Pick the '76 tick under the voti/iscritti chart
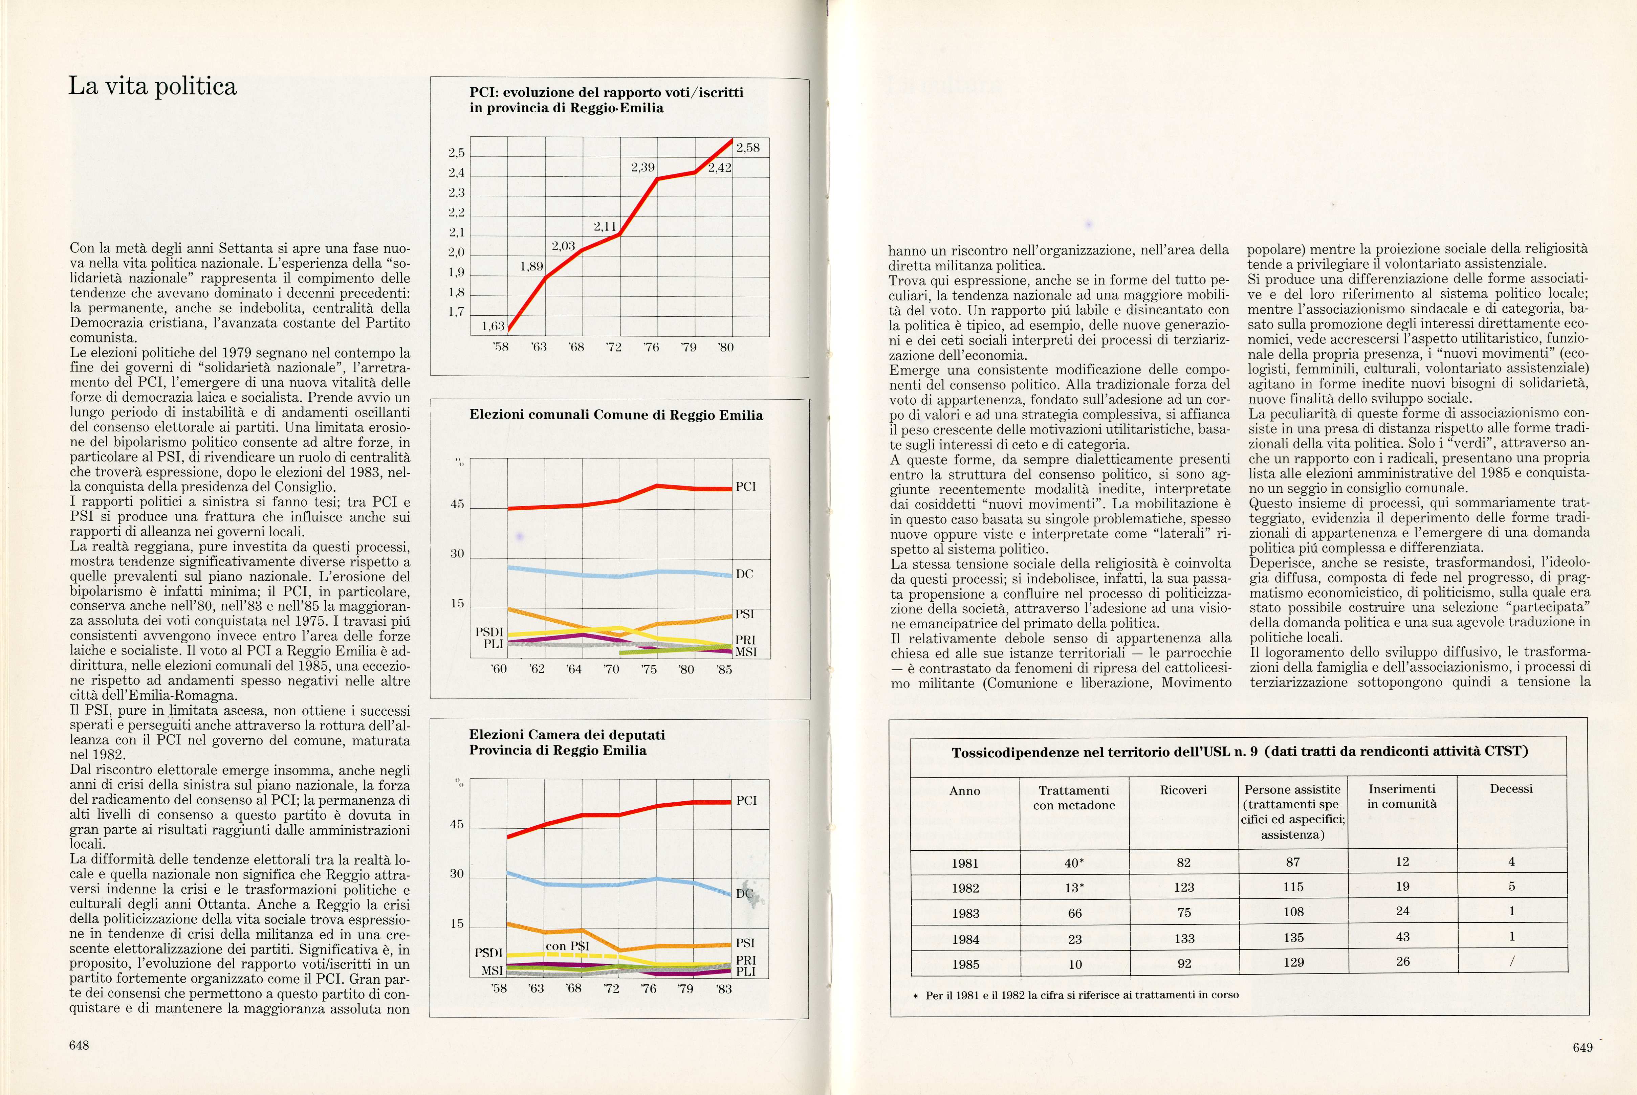(651, 347)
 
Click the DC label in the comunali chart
(744, 574)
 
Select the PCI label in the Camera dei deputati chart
(746, 801)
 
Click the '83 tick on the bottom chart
(724, 989)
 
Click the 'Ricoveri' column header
(1183, 790)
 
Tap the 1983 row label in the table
(965, 913)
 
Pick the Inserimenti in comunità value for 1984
(1402, 937)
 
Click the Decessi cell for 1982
(1511, 887)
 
